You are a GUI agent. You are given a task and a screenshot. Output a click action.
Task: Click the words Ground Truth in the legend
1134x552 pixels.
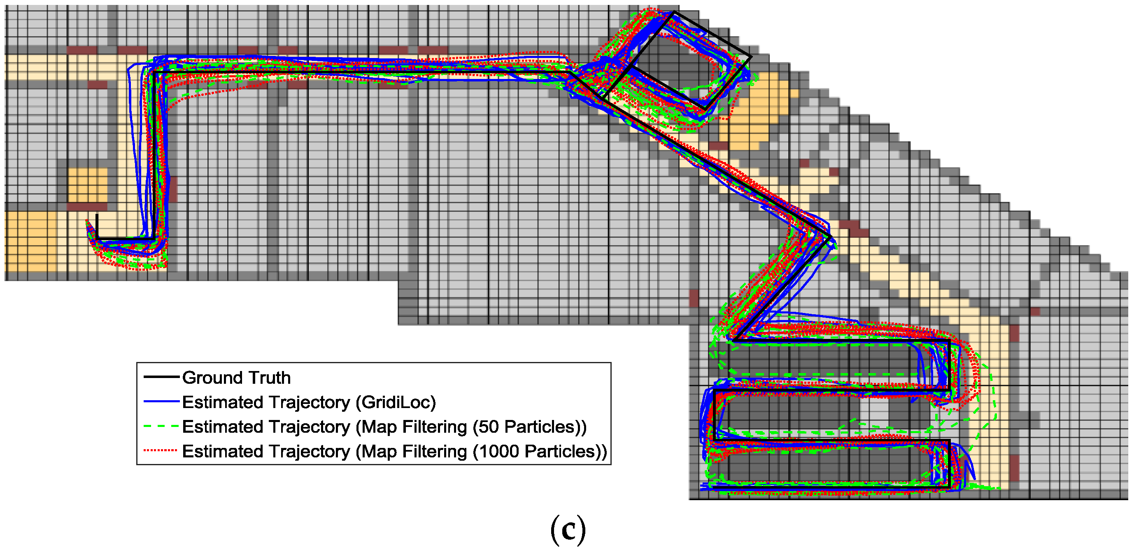pos(236,377)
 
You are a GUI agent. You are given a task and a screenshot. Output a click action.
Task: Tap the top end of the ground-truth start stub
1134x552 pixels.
pos(97,215)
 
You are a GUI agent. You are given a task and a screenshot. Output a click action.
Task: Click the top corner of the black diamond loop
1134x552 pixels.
pos(673,12)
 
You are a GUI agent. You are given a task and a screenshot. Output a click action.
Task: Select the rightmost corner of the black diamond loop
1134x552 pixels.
pos(750,56)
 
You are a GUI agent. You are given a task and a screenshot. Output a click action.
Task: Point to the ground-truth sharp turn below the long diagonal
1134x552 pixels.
pos(830,238)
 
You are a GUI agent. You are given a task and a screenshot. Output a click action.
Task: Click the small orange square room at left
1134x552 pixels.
pos(88,185)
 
